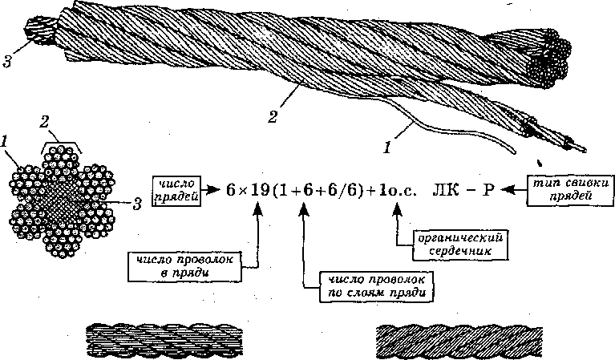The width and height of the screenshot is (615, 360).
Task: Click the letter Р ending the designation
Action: click(x=488, y=191)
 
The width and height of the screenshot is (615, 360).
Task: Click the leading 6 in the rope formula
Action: click(x=231, y=192)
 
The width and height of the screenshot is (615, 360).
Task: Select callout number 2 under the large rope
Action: click(x=273, y=118)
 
